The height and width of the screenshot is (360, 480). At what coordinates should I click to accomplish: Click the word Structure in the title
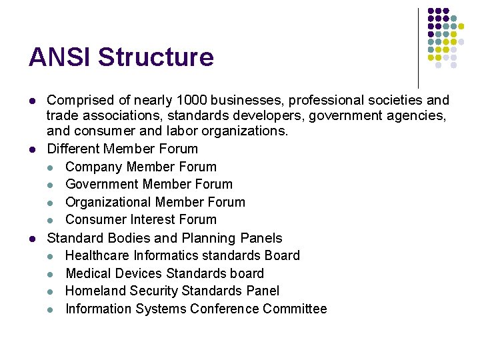(156, 57)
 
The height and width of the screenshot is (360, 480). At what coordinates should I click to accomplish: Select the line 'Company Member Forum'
(141, 167)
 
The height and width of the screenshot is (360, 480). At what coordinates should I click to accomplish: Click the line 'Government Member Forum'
(149, 184)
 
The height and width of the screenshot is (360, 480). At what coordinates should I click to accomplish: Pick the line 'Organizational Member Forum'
(155, 202)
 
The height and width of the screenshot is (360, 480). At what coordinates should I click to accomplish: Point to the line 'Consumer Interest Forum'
(141, 219)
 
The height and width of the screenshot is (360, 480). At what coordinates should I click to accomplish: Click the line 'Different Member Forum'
(122, 149)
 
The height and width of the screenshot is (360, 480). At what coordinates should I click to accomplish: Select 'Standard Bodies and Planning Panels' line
(165, 238)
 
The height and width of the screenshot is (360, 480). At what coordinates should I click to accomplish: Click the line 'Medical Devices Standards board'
(165, 273)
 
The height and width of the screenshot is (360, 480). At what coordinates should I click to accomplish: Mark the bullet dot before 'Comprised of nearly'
(32, 101)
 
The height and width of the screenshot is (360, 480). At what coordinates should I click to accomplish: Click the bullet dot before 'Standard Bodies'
(32, 239)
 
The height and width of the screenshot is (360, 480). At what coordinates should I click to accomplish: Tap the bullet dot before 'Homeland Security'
(51, 291)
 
